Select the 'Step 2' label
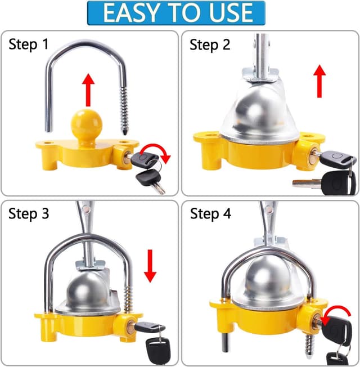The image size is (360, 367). coord(210,45)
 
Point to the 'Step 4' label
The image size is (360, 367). coord(210,213)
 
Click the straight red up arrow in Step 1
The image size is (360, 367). coord(87,88)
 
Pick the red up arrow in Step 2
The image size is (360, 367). coord(319,79)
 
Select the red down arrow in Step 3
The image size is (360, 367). coord(150,267)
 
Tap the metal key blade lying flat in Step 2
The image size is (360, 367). coord(307,182)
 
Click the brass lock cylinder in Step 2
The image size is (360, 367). coord(310,154)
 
